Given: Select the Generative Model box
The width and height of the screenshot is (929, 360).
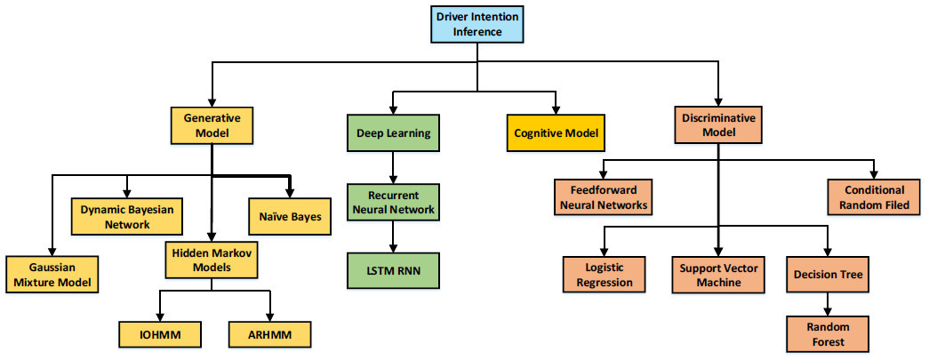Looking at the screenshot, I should tap(212, 126).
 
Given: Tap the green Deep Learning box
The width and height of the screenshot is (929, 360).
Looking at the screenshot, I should tap(394, 133).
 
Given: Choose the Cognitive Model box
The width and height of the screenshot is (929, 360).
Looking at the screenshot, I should tap(556, 134).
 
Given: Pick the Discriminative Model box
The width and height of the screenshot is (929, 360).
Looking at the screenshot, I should tap(717, 126).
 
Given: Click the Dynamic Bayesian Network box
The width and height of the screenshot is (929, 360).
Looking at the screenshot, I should tap(127, 214).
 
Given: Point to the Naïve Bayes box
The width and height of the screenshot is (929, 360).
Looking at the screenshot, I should tap(289, 214).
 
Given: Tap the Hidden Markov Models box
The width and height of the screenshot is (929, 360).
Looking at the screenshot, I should tap(212, 260).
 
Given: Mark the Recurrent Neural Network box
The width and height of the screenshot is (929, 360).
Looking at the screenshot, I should tap(394, 202).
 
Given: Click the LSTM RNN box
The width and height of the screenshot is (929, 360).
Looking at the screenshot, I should tap(394, 269).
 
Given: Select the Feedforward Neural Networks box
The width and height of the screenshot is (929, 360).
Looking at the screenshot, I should tap(603, 197).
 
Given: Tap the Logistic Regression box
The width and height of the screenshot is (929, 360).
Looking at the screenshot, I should tap(605, 275).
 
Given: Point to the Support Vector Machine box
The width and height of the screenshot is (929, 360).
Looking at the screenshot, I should tap(717, 275).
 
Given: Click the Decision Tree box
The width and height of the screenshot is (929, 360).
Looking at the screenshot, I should tap(829, 275).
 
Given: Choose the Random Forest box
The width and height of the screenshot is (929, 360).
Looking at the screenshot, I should tap(829, 334).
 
